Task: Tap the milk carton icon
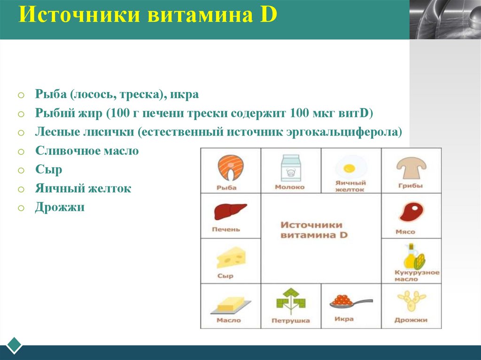[290, 168]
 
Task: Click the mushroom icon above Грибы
[411, 167]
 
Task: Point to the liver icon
[230, 212]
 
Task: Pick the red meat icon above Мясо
[411, 212]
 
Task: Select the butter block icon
[230, 305]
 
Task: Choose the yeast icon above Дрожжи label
[411, 301]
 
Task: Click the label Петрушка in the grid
[290, 321]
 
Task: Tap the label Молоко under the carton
[290, 187]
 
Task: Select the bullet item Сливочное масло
[87, 151]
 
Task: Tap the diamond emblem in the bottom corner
[15, 345]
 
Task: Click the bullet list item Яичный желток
[83, 189]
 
